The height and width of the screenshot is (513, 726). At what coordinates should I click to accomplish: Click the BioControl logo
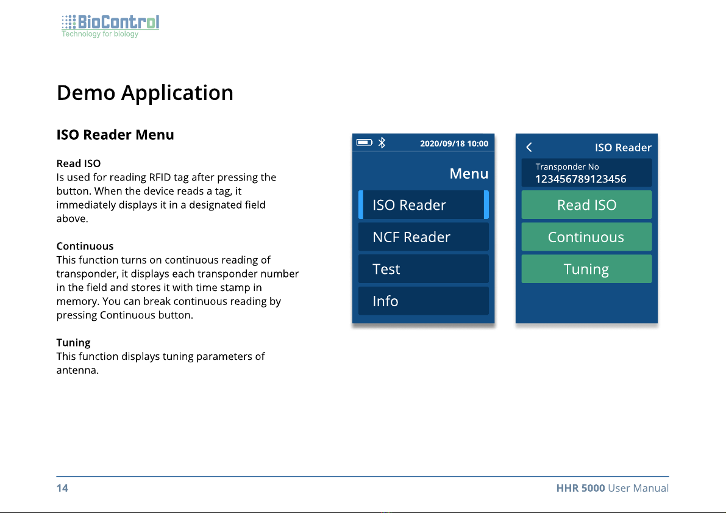pyautogui.click(x=110, y=26)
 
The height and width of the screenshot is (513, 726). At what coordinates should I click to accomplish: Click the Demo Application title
pyautogui.click(x=145, y=93)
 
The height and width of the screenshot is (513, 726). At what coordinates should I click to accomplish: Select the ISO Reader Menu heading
pyautogui.click(x=115, y=135)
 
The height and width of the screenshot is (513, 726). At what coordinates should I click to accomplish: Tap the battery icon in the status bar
pyautogui.click(x=365, y=142)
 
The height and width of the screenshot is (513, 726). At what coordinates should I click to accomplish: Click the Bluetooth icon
pyautogui.click(x=382, y=143)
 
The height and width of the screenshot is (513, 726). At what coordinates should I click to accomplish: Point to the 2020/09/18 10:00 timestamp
pyautogui.click(x=454, y=144)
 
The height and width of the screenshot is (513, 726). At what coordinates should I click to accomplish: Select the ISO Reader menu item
pyautogui.click(x=423, y=205)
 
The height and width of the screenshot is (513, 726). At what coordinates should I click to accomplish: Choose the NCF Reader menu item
pyautogui.click(x=423, y=237)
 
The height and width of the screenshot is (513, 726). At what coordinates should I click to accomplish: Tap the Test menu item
pyautogui.click(x=423, y=269)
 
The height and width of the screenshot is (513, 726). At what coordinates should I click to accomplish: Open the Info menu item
pyautogui.click(x=423, y=301)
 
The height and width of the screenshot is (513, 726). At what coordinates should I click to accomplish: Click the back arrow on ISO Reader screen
pyautogui.click(x=529, y=148)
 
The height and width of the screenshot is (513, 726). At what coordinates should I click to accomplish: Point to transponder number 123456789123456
pyautogui.click(x=580, y=179)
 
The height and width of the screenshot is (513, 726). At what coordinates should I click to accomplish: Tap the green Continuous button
pyautogui.click(x=586, y=237)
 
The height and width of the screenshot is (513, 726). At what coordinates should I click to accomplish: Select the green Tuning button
pyautogui.click(x=586, y=269)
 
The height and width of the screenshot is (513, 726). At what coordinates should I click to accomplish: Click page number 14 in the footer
pyautogui.click(x=62, y=488)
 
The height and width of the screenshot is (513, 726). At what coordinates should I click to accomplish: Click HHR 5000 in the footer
pyautogui.click(x=580, y=488)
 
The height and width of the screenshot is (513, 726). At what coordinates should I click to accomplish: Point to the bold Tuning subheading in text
pyautogui.click(x=73, y=342)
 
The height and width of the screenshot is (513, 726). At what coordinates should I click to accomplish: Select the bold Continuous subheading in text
pyautogui.click(x=85, y=246)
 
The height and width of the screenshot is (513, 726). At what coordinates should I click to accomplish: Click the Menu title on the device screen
pyautogui.click(x=469, y=173)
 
